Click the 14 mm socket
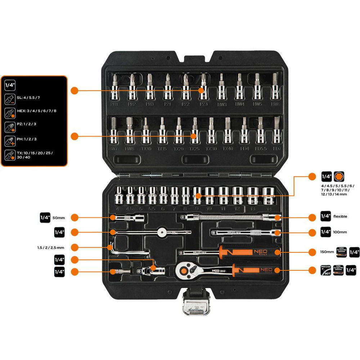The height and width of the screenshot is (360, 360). (268, 196)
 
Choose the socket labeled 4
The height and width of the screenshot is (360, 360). (119, 197)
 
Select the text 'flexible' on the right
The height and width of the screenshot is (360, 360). (341, 217)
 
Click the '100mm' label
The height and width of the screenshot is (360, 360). (341, 232)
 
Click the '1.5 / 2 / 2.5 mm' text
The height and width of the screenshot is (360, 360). (50, 248)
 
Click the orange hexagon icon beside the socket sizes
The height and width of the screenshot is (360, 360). (338, 176)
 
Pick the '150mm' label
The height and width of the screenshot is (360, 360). (327, 252)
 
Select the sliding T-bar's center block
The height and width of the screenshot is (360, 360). (162, 233)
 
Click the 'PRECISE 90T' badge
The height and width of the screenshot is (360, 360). (325, 270)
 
